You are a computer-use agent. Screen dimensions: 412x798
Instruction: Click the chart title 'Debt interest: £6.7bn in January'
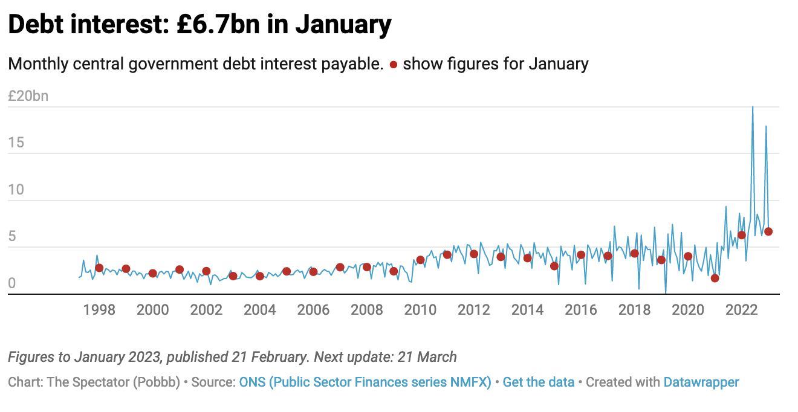pyautogui.click(x=199, y=25)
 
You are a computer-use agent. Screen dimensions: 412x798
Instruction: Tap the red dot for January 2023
pyautogui.click(x=768, y=231)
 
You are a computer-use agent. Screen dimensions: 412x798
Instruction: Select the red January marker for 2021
pyautogui.click(x=715, y=278)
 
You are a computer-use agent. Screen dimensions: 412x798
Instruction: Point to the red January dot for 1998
pyautogui.click(x=99, y=268)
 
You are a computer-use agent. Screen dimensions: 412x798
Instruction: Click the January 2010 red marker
pyautogui.click(x=420, y=260)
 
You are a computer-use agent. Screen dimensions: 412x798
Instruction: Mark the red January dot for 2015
pyautogui.click(x=554, y=266)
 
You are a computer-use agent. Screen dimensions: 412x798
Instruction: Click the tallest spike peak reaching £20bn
pyautogui.click(x=752, y=108)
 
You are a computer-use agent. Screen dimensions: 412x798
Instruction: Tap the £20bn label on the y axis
pyautogui.click(x=28, y=96)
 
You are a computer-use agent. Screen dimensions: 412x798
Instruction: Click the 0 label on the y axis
pyautogui.click(x=11, y=283)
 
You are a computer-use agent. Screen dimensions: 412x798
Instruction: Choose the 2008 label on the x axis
pyautogui.click(x=367, y=310)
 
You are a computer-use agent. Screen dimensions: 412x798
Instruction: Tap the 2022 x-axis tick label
pyautogui.click(x=741, y=310)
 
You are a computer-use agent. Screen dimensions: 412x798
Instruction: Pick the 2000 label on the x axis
pyautogui.click(x=153, y=310)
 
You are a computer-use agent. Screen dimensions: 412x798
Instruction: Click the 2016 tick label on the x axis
pyautogui.click(x=581, y=310)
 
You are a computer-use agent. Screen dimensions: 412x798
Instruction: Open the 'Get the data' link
pyautogui.click(x=538, y=382)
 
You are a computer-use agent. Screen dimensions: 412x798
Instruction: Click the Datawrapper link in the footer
pyautogui.click(x=701, y=382)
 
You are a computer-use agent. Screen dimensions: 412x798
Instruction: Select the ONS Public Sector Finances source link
pyautogui.click(x=365, y=382)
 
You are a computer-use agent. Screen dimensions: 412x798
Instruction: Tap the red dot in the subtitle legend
pyautogui.click(x=394, y=65)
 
